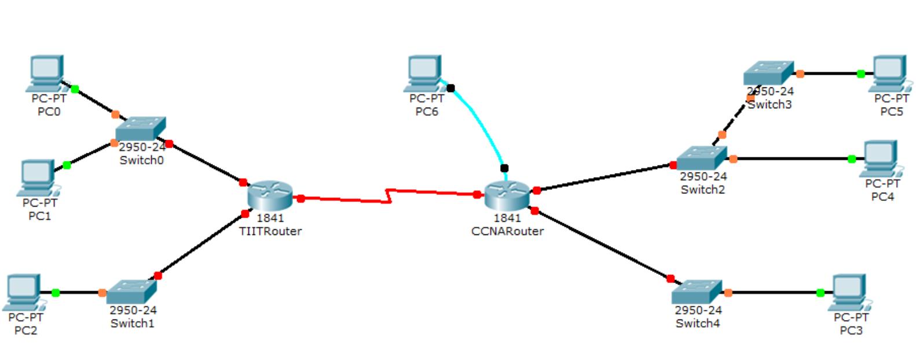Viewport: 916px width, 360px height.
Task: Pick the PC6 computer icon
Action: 424,73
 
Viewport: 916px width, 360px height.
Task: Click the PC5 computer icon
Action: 889,73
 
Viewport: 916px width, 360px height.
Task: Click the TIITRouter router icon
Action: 270,196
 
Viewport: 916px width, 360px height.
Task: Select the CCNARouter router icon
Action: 507,195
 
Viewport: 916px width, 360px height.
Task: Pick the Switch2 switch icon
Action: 701,158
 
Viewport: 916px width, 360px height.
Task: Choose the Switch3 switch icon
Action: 768,74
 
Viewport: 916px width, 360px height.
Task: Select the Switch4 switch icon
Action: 697,292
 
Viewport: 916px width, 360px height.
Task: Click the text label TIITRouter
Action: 270,231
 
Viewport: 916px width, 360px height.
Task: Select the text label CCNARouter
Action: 507,231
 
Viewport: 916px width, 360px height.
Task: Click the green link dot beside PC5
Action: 860,74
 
